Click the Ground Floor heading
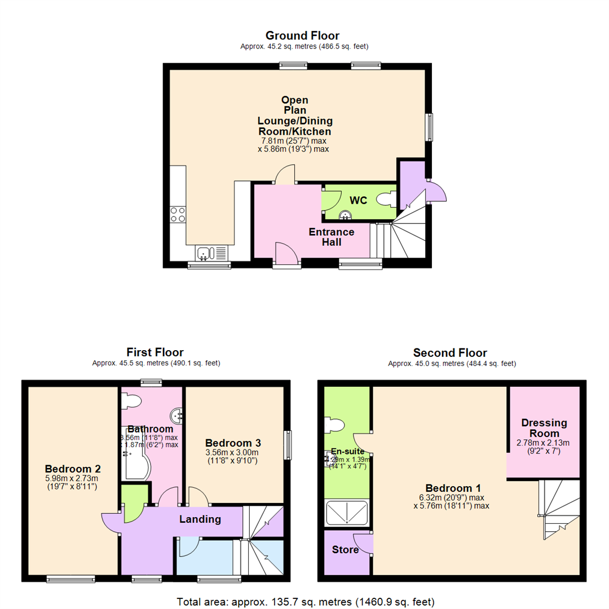click(302, 36)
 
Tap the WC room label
click(359, 201)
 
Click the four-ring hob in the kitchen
click(178, 214)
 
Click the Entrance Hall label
click(332, 237)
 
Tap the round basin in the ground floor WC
click(345, 215)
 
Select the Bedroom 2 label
click(73, 469)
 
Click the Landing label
click(200, 519)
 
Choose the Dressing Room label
click(544, 427)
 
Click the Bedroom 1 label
click(453, 488)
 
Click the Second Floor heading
click(450, 353)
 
